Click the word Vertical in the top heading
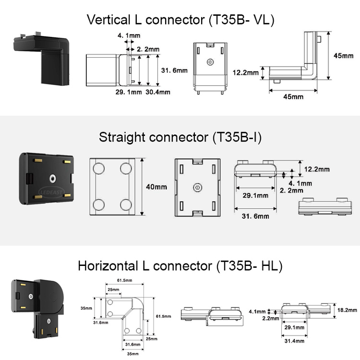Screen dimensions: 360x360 pos(107,20)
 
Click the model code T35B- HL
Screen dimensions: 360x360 pos(248,265)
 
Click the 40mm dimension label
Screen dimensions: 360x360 pos(156,187)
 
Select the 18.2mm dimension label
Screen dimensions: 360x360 pos(345,311)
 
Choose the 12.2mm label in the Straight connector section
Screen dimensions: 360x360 pos(317,169)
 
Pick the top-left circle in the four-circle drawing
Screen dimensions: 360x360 pos(99,168)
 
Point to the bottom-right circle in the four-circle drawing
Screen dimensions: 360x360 pos(126,204)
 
